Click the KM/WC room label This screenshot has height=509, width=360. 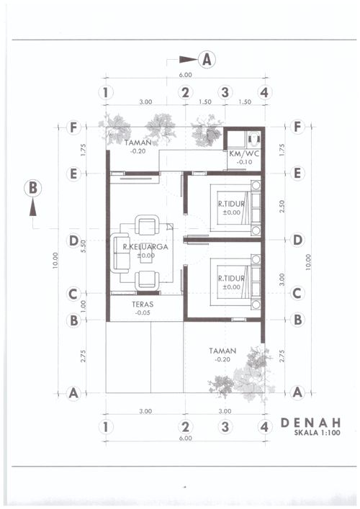(x=244, y=154)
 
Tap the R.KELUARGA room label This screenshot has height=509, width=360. (x=145, y=247)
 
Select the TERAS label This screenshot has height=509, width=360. (x=143, y=305)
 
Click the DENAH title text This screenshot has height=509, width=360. (x=310, y=423)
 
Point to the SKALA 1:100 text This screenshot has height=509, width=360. (x=317, y=433)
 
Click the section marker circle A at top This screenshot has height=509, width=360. (x=207, y=60)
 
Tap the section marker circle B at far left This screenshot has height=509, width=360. (x=33, y=189)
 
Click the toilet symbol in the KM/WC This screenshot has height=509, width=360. (x=254, y=138)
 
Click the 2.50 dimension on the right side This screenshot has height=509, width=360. (x=282, y=207)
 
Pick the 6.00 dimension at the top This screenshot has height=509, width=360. (x=185, y=75)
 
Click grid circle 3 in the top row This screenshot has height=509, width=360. (x=225, y=93)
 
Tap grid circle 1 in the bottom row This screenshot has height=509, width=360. (x=106, y=427)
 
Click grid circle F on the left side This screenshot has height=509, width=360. (x=73, y=127)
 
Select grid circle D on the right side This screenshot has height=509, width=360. (x=297, y=240)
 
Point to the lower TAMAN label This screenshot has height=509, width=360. (x=222, y=351)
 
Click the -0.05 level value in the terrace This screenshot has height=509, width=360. (x=143, y=313)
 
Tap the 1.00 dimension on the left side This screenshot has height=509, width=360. (x=84, y=306)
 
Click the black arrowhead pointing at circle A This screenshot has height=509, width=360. (x=189, y=60)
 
